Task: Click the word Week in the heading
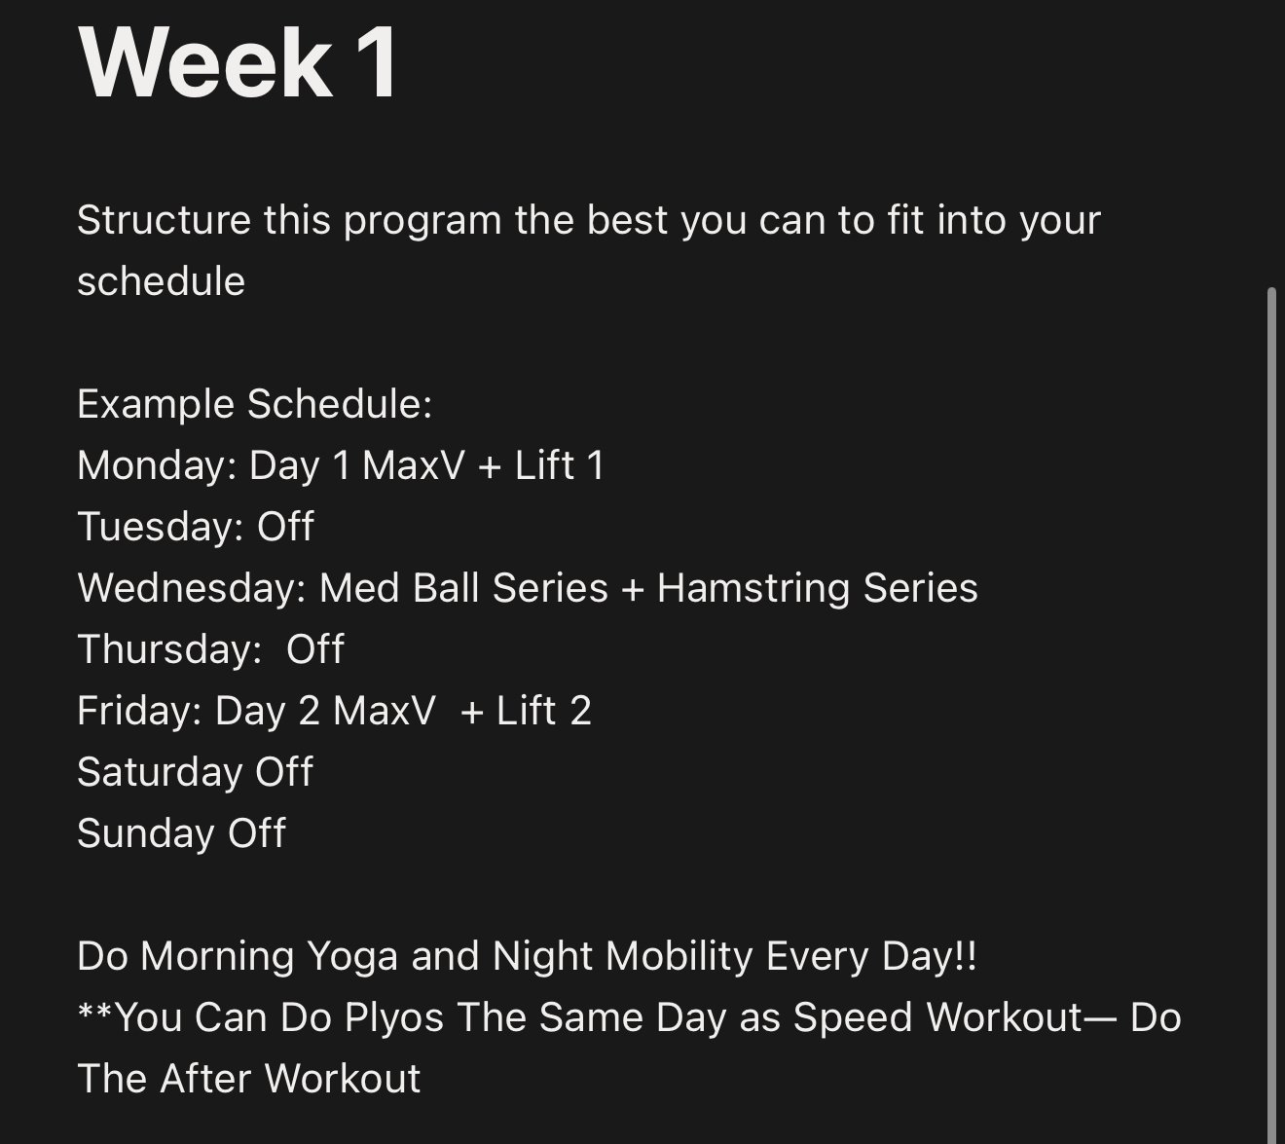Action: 204,63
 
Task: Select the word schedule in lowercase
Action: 161,281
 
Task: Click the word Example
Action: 156,404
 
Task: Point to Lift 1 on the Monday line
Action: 559,464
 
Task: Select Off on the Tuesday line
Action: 285,526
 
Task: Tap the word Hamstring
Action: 753,587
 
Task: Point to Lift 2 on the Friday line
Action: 544,710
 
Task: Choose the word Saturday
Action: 160,771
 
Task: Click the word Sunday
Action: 146,832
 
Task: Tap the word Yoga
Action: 352,955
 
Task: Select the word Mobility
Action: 679,955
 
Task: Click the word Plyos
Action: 394,1017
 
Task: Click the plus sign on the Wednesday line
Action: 633,589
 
